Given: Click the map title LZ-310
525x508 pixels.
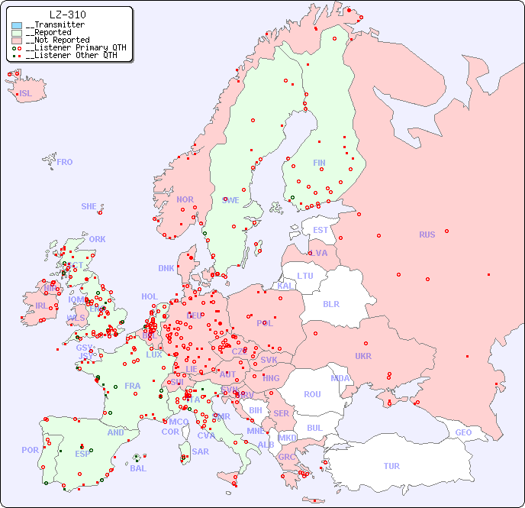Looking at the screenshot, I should pyautogui.click(x=67, y=15).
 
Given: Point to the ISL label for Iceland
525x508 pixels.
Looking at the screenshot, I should pyautogui.click(x=26, y=94).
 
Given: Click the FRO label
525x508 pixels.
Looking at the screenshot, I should pyautogui.click(x=65, y=162).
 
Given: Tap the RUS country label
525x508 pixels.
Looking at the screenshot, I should pyautogui.click(x=427, y=235).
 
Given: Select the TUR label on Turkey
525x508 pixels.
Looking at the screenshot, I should pyautogui.click(x=391, y=466).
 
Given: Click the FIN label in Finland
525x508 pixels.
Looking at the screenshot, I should pyautogui.click(x=319, y=163).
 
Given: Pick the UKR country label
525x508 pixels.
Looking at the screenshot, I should pyautogui.click(x=363, y=356).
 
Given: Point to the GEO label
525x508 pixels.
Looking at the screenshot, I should pyautogui.click(x=463, y=432).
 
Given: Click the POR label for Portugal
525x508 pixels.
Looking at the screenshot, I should pyautogui.click(x=30, y=450).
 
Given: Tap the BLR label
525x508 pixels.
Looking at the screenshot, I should pyautogui.click(x=330, y=303).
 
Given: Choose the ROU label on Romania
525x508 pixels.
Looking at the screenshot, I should pyautogui.click(x=312, y=394).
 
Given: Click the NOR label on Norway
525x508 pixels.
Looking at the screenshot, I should pyautogui.click(x=185, y=199).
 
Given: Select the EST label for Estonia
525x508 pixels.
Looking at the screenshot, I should pyautogui.click(x=320, y=230).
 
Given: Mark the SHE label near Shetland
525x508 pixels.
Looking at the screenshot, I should pyautogui.click(x=89, y=206).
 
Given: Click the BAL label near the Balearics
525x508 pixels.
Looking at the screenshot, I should pyautogui.click(x=137, y=468).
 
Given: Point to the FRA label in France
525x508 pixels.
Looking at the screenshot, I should pyautogui.click(x=133, y=386).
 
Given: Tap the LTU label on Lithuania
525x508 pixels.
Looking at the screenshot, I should pyautogui.click(x=305, y=276).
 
